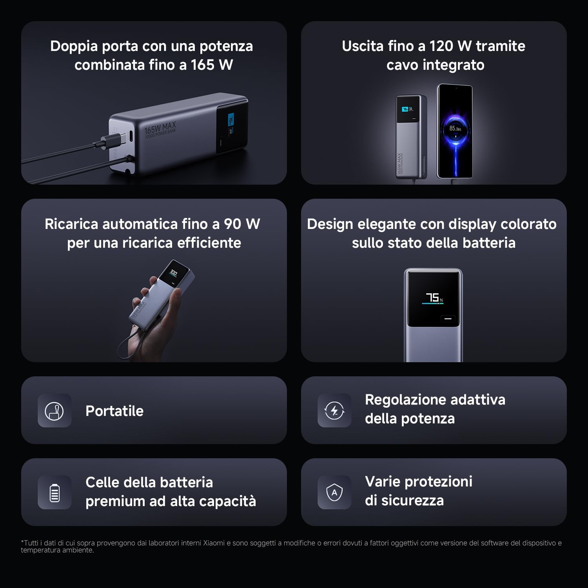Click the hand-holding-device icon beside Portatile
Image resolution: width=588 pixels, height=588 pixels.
[x=54, y=411]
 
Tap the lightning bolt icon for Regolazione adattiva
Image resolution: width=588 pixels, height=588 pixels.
[x=334, y=411]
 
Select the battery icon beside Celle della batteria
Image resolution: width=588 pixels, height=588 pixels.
[x=54, y=493]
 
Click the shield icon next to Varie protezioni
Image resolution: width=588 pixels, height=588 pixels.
[x=334, y=492]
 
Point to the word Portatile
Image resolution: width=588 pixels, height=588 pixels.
[x=114, y=411]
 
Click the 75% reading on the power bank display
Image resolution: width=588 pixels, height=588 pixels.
[x=434, y=298]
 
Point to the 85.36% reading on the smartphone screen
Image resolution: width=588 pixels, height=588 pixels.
[x=455, y=128]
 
